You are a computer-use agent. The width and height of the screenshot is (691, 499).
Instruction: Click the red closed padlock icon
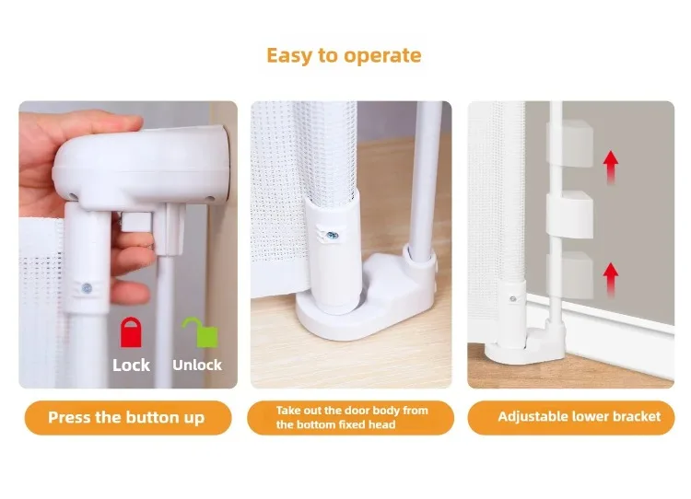[131, 332]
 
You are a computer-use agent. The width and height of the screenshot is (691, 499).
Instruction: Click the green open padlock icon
[202, 332]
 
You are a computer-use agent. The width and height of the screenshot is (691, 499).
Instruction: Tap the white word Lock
[131, 366]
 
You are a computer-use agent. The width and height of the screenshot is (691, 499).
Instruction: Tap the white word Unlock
[197, 366]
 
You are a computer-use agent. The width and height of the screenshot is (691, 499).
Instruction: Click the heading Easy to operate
[344, 56]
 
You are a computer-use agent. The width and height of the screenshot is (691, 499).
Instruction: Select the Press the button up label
[126, 418]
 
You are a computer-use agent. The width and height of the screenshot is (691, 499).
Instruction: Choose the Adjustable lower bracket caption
[580, 417]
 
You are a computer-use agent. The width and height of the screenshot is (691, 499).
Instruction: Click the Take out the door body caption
[352, 418]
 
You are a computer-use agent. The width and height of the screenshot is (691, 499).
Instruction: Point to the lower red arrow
[610, 280]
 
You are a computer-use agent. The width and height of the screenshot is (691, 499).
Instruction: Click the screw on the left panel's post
[87, 288]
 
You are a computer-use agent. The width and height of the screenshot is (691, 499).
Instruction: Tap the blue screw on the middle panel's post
[333, 236]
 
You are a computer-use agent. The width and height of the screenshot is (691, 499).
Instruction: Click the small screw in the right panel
[513, 299]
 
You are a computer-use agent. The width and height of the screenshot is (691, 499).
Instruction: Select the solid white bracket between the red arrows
[569, 215]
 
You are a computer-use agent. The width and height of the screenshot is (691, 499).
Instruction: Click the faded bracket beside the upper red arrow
[569, 143]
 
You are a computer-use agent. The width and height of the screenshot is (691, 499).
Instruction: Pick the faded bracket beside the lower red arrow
[569, 275]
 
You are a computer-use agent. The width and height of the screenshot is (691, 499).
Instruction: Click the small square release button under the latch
[136, 222]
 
